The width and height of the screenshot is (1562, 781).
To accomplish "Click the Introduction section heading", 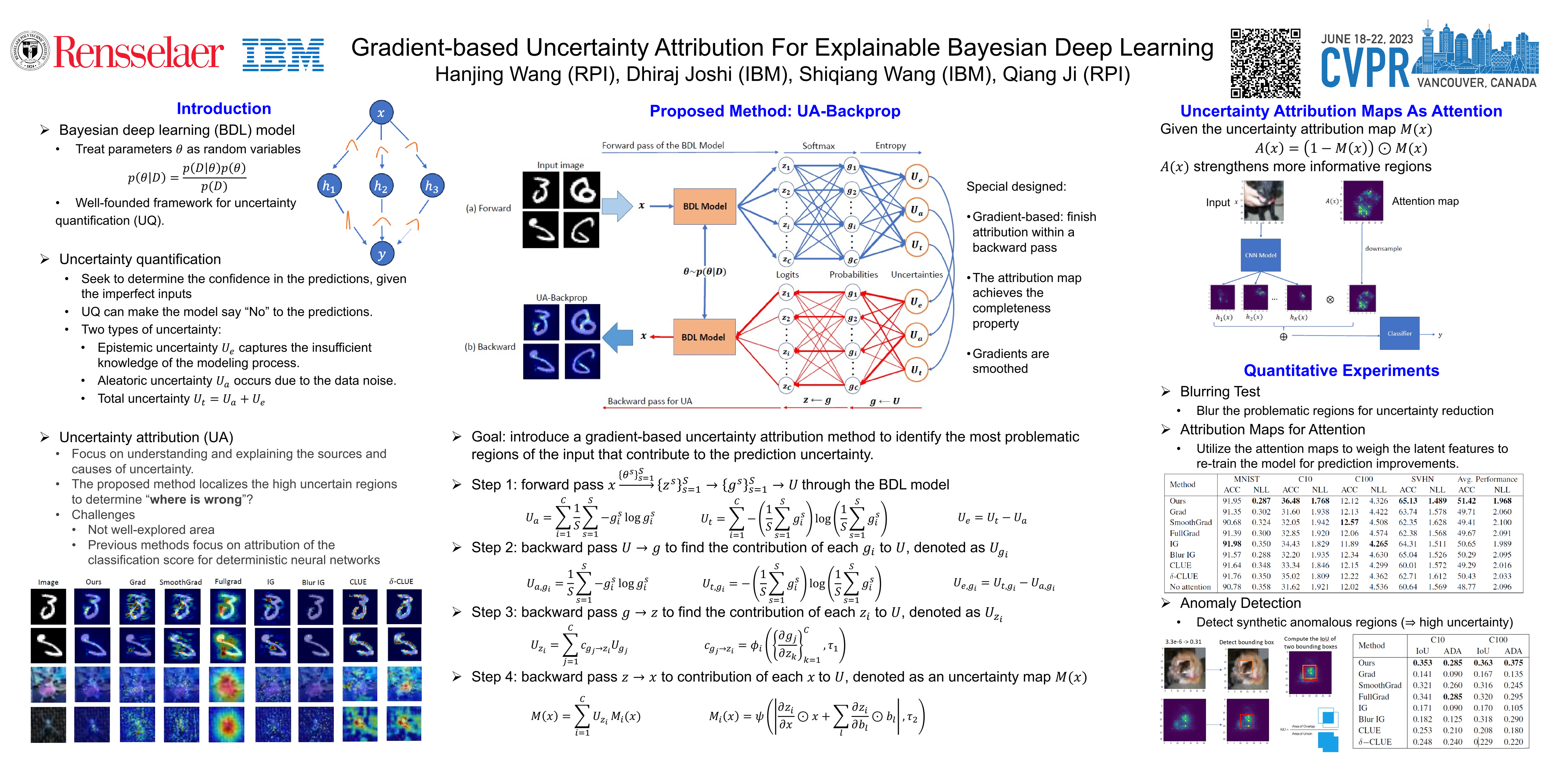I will [224, 109].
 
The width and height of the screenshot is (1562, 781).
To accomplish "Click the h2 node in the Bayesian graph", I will [381, 186].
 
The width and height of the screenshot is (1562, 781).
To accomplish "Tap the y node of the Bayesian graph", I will [381, 254].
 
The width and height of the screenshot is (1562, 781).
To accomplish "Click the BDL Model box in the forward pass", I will [705, 206].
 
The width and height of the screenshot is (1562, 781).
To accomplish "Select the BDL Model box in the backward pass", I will [704, 337].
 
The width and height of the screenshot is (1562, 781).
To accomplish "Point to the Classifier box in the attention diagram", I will [1399, 333].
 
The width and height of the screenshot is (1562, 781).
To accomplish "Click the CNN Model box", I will [1261, 255].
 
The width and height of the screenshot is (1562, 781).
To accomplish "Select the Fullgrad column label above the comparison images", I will [228, 581].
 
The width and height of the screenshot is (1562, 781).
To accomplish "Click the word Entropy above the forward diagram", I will [890, 146].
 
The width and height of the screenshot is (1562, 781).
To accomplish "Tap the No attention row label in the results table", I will [1190, 587].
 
